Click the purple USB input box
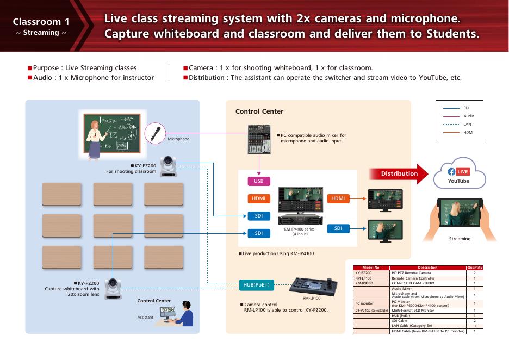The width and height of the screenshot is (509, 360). click(258, 181)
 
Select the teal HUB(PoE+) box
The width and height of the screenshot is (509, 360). click(256, 284)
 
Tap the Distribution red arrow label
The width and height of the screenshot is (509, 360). click(399, 173)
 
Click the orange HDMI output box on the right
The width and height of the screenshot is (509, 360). click(338, 198)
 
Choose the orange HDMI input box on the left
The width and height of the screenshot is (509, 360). click(258, 198)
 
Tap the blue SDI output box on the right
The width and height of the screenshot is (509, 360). click(338, 229)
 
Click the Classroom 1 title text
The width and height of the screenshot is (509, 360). click(41, 22)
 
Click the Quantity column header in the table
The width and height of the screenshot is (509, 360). click(474, 268)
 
